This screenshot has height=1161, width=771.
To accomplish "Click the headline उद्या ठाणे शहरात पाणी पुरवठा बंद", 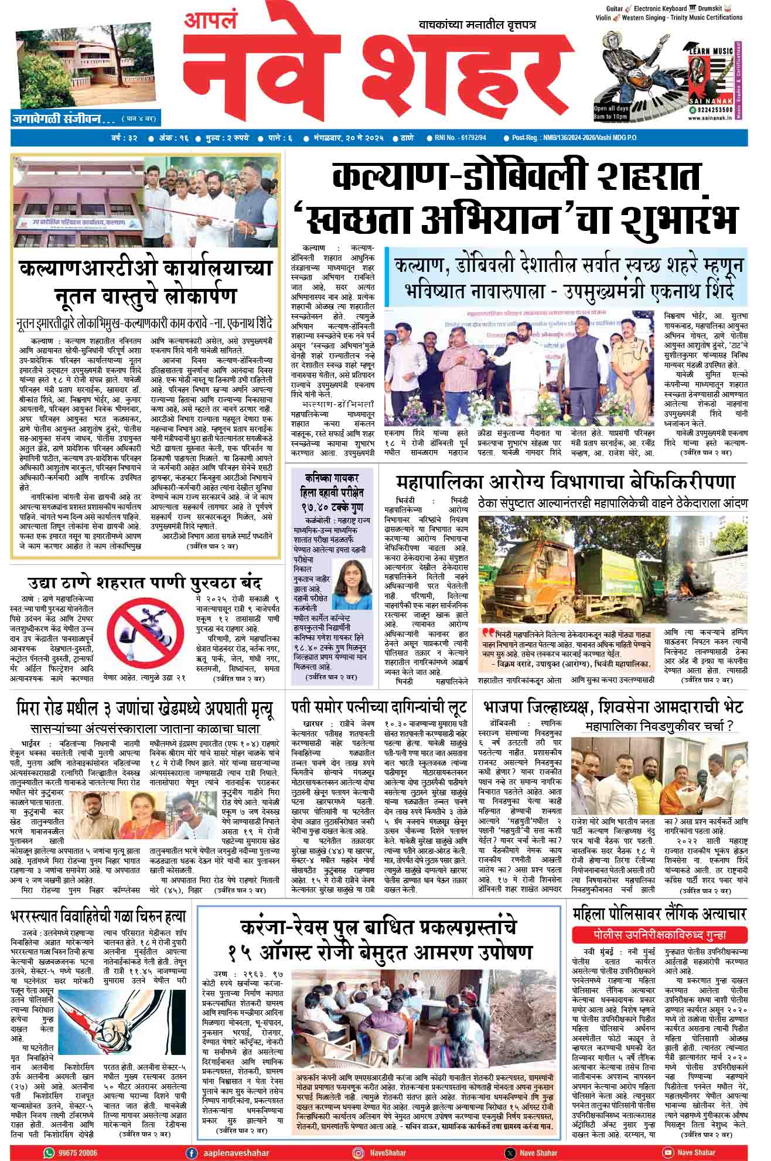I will click(145, 583).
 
